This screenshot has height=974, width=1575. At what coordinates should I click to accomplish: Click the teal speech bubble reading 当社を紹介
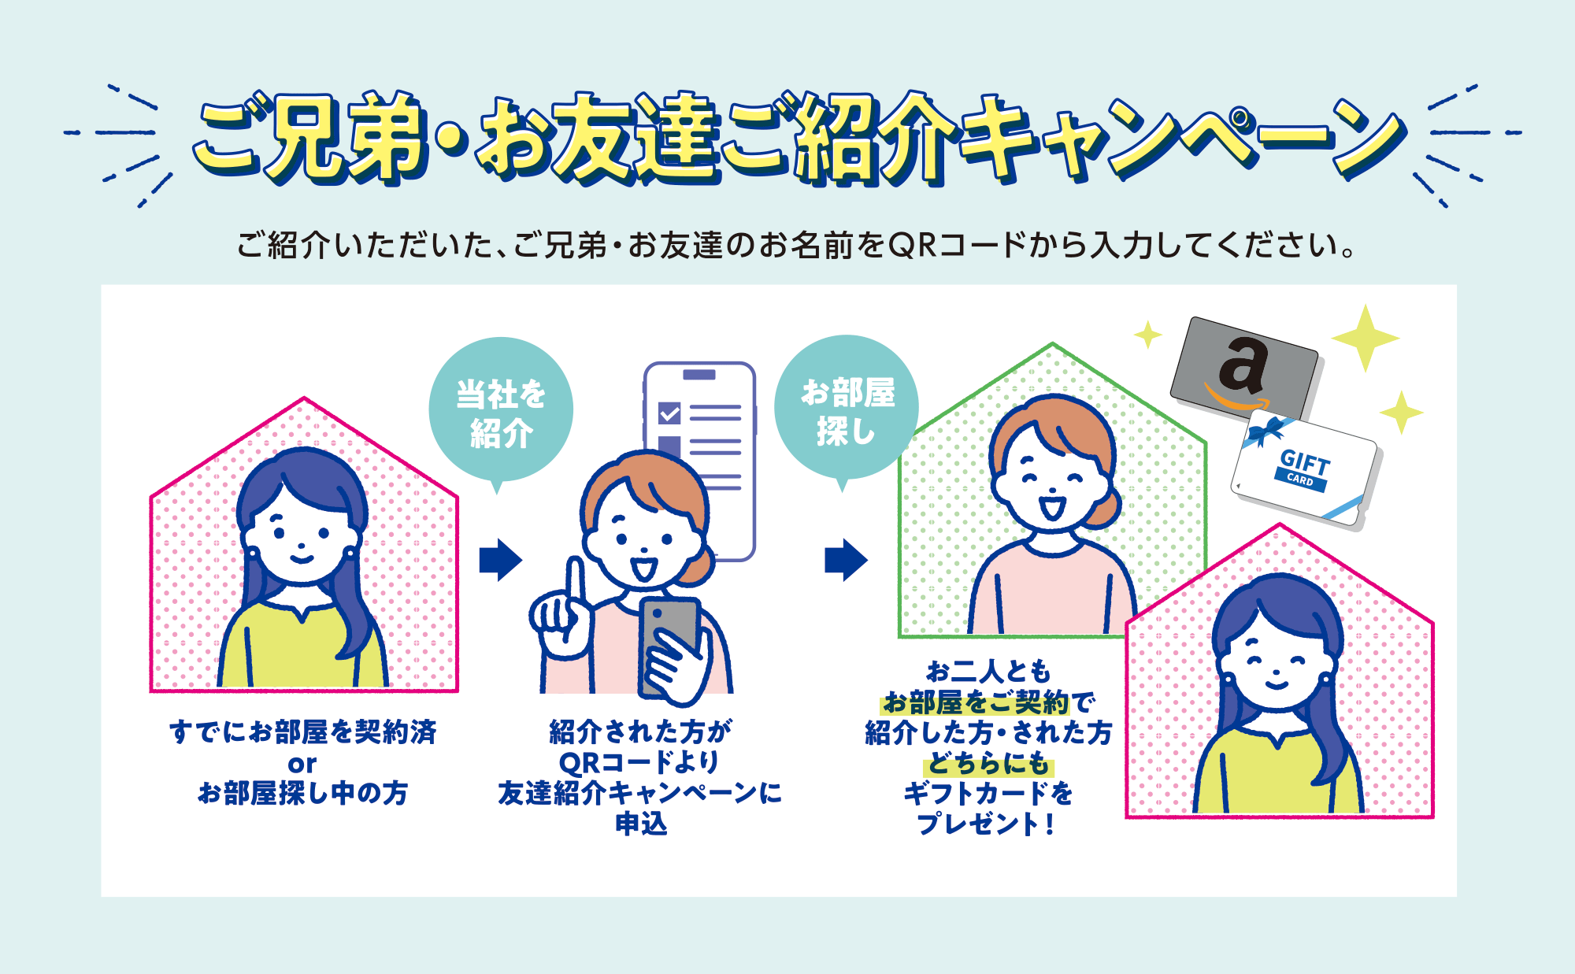point(501,409)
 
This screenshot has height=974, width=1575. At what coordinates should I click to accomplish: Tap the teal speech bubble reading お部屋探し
point(847,407)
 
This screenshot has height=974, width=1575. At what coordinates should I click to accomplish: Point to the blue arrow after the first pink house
point(501,560)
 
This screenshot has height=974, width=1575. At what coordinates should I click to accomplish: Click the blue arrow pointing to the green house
point(847,560)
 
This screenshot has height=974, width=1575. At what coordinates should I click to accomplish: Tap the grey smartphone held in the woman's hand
point(669,642)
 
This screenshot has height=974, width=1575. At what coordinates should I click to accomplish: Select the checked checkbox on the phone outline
point(669,413)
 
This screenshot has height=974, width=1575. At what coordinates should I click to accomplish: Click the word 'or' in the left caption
point(302,764)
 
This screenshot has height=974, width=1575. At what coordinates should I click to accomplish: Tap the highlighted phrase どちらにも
point(989,764)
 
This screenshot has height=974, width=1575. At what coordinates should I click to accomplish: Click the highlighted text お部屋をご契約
point(976,702)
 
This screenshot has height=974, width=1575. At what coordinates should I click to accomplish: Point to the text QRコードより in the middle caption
point(639,762)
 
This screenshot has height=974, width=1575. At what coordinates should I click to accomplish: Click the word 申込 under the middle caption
point(641,824)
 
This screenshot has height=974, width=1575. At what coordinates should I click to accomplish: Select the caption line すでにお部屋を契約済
point(303,732)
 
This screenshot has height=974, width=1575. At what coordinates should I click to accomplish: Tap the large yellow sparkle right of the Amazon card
point(1366,338)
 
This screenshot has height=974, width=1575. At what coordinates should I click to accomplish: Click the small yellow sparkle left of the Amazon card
point(1148,335)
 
